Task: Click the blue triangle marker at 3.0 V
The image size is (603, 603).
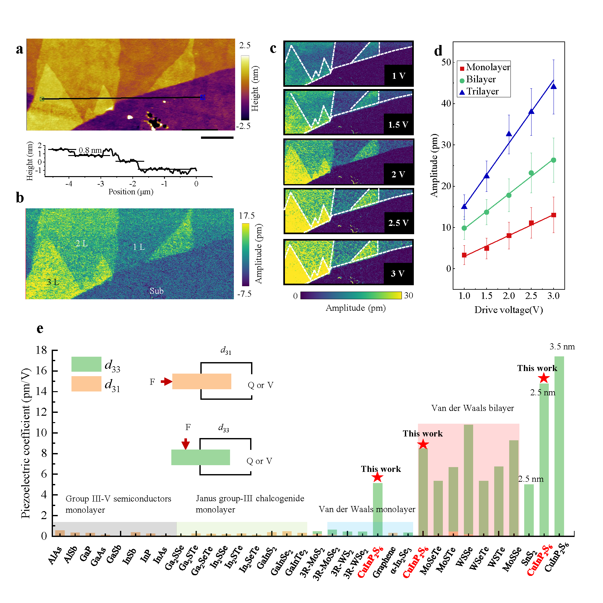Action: point(554,86)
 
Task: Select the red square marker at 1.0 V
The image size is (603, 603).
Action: point(464,255)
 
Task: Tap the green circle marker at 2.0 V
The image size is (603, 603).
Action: point(509,195)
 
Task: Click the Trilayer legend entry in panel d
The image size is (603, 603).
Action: point(482,92)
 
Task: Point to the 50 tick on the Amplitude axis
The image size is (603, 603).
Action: point(446,62)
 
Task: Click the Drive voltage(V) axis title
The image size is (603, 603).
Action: point(509,310)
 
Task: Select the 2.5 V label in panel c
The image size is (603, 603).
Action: point(398,223)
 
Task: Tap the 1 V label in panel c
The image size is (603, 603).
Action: point(398,76)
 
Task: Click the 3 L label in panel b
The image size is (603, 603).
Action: point(53,282)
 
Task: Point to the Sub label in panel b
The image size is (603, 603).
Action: point(156,291)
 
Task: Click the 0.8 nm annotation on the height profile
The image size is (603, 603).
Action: point(90,150)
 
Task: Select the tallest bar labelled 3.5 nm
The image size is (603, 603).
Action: point(559,447)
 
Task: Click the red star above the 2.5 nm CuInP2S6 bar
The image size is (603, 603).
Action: point(544,378)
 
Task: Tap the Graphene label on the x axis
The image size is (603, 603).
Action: point(384,562)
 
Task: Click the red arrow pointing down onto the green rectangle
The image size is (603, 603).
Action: point(186,443)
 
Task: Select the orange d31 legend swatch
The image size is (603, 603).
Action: point(86,384)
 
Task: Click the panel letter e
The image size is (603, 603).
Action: point(40,329)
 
